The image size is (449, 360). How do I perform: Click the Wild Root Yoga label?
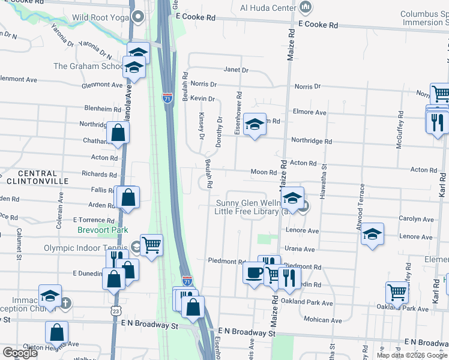coord(100,17)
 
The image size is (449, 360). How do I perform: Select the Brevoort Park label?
coord(103,230)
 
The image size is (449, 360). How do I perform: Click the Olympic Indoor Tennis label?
coord(83,247)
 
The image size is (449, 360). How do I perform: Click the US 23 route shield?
coord(116,310)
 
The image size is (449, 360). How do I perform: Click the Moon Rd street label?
coord(263,172)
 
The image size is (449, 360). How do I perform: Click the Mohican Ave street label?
coord(318,319)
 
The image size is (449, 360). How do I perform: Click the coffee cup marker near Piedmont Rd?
coord(253,273)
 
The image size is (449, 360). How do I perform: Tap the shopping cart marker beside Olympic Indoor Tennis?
coord(151,244)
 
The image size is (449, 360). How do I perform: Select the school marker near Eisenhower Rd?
coord(255,125)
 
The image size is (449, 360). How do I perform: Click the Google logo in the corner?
coord(20,353)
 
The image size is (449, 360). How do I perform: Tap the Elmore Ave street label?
coord(309,112)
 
